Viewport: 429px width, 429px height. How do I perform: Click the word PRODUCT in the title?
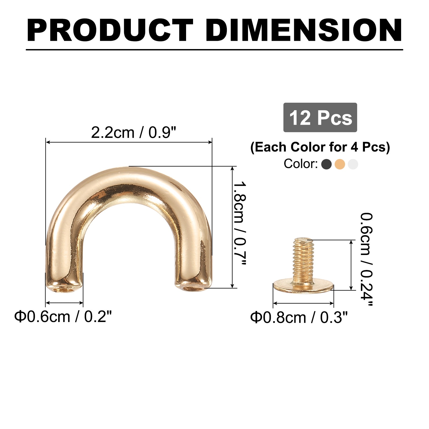click(110, 30)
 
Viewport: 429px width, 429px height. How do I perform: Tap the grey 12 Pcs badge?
click(320, 117)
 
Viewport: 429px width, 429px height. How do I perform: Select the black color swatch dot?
click(326, 164)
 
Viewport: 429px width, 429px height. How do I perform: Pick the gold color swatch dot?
click(340, 164)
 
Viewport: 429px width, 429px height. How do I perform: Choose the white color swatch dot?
click(353, 164)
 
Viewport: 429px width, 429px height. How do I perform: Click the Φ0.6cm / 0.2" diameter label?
click(63, 317)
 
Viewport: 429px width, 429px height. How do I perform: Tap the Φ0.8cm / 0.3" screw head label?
click(299, 317)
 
